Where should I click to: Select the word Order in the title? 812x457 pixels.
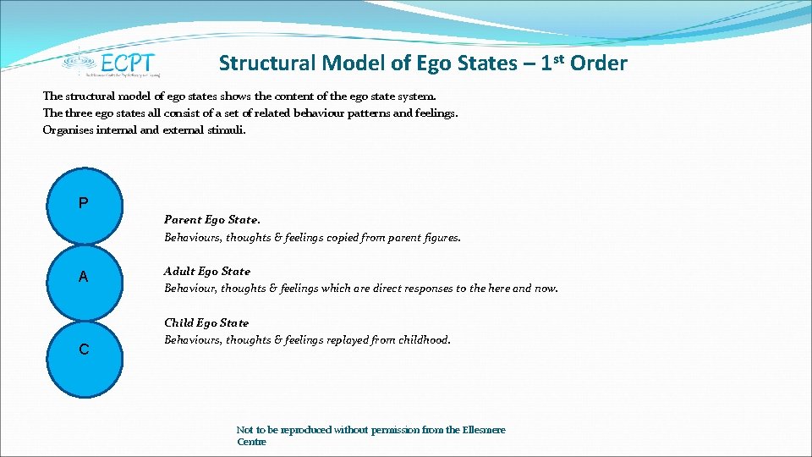click(599, 63)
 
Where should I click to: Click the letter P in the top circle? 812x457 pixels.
click(83, 203)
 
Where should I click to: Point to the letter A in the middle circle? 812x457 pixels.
click(83, 277)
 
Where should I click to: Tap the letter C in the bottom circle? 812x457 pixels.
click(84, 350)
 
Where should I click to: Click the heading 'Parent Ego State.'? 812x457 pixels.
click(206, 220)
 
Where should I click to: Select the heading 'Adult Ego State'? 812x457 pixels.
click(206, 272)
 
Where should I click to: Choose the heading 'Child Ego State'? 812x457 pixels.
click(206, 322)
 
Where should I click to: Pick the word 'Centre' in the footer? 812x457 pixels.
click(251, 442)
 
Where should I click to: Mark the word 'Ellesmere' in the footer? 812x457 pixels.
click(484, 430)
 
